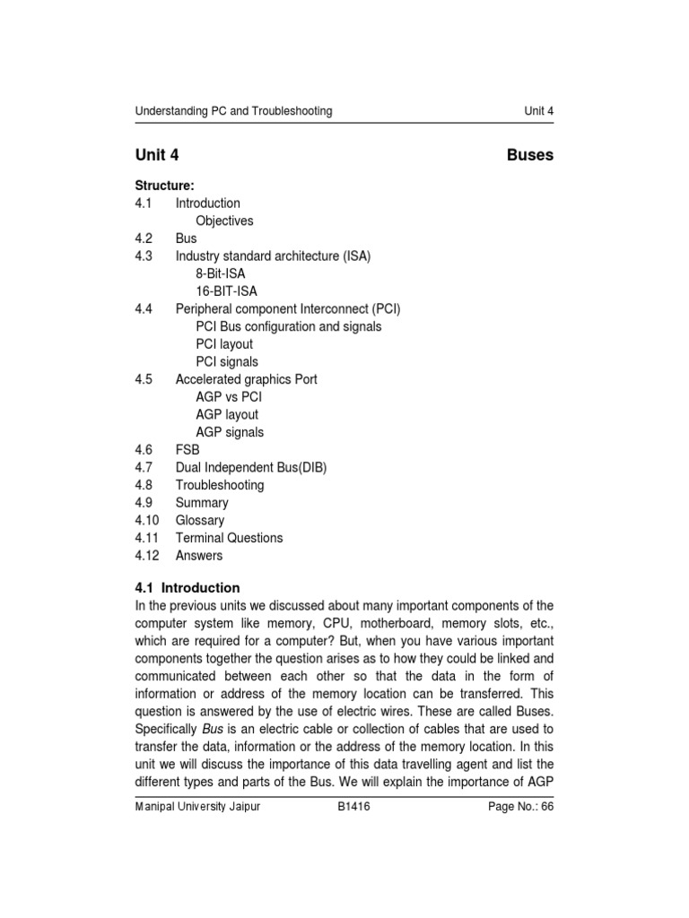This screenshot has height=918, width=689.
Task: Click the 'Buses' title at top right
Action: pyautogui.click(x=529, y=155)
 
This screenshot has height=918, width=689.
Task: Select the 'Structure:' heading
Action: pyautogui.click(x=164, y=186)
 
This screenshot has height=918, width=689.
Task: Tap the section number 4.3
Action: pyautogui.click(x=144, y=256)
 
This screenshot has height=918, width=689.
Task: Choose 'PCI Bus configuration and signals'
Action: pyautogui.click(x=288, y=326)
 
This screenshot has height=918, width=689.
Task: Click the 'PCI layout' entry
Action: pyautogui.click(x=224, y=344)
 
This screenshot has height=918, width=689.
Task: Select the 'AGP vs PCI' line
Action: pyautogui.click(x=229, y=397)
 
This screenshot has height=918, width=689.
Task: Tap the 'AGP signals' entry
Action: pyautogui.click(x=230, y=432)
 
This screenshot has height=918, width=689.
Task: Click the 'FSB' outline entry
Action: pyautogui.click(x=188, y=450)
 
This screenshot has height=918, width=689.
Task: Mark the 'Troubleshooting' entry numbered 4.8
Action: pyautogui.click(x=220, y=485)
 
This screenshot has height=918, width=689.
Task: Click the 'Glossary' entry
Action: pyautogui.click(x=200, y=520)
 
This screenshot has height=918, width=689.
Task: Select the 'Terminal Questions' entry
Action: pyautogui.click(x=229, y=538)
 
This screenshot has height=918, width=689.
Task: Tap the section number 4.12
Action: pyautogui.click(x=147, y=556)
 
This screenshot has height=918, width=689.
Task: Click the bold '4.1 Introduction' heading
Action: pyautogui.click(x=188, y=588)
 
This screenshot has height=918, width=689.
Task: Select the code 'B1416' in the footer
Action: pyautogui.click(x=353, y=807)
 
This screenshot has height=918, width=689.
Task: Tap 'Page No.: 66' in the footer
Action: pyautogui.click(x=520, y=807)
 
